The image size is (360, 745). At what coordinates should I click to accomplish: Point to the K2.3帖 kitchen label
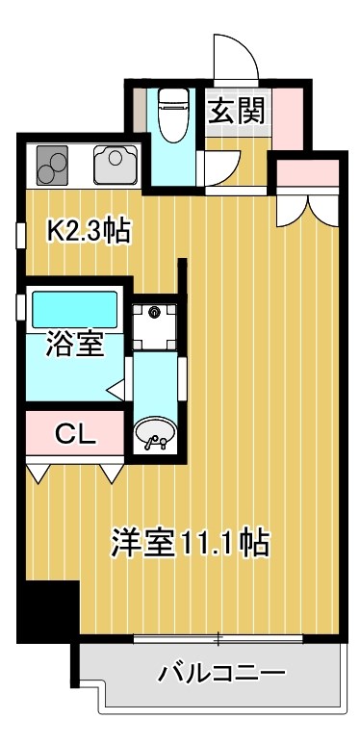90,231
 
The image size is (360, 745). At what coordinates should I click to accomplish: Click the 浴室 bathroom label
75,345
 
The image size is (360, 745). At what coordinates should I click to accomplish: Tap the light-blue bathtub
74,310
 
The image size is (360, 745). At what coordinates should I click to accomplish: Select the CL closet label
74,433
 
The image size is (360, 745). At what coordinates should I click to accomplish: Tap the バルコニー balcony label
222,671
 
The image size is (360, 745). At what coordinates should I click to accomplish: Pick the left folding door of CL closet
40,471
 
